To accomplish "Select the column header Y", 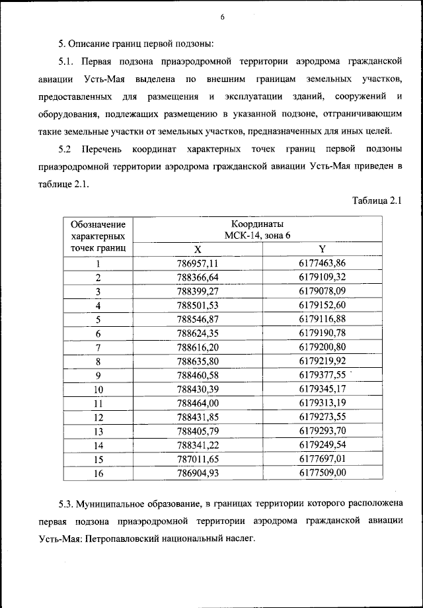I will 322,249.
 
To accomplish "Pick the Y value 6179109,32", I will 322,277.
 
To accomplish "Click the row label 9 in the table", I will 98,375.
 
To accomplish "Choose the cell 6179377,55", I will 322,374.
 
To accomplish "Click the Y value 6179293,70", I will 322,431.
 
